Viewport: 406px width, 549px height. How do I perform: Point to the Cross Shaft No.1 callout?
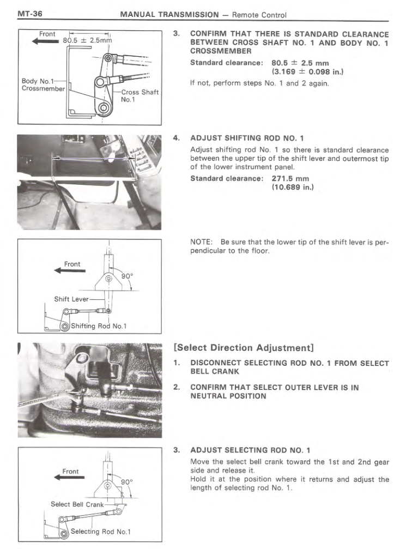(x=140, y=96)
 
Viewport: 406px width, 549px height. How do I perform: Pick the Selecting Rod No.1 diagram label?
(x=101, y=532)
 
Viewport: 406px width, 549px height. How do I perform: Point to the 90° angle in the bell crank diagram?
(x=127, y=481)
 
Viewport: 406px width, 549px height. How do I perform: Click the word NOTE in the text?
(x=201, y=242)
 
